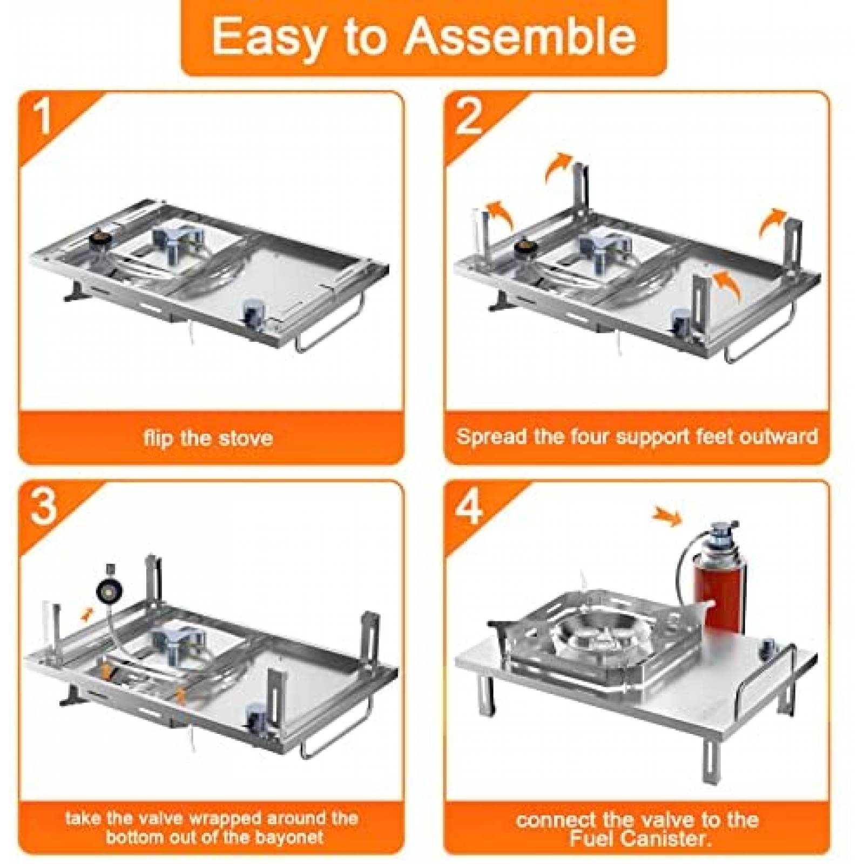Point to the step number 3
43,506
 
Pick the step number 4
469,506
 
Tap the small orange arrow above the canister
668,516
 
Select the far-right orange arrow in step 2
773,221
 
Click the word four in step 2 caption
591,436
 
